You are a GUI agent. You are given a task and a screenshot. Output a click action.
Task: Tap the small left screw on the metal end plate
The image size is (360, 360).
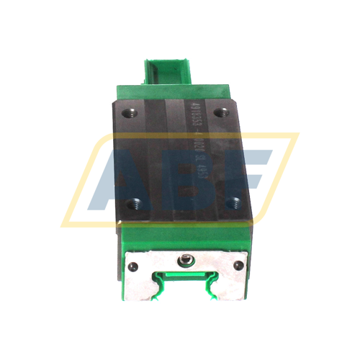tap(131, 266)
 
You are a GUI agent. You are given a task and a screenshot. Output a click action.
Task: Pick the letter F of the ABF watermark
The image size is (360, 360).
tap(252, 176)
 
